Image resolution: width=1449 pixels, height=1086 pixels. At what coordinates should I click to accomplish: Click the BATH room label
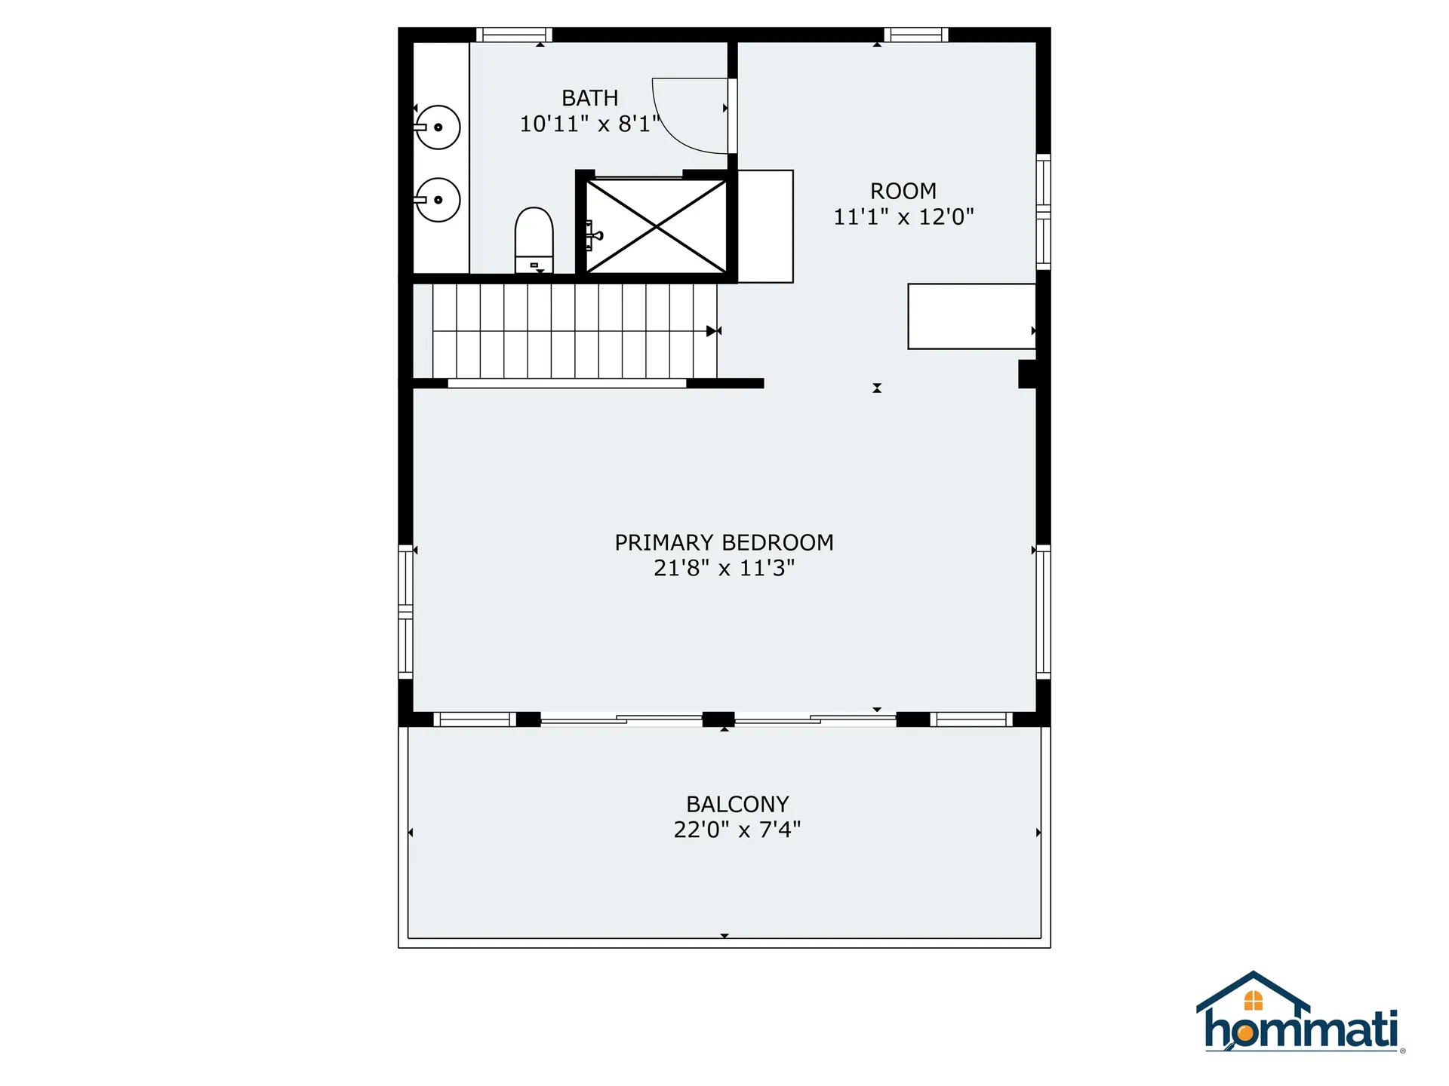coord(589,98)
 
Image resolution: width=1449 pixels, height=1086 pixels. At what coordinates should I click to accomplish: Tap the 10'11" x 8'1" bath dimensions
coord(589,124)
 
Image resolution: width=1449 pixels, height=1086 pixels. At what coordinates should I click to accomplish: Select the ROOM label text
coord(903,191)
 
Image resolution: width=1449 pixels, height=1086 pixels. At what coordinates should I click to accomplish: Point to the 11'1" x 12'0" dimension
coord(903,217)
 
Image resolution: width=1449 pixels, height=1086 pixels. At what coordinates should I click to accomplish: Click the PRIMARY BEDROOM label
coord(724,542)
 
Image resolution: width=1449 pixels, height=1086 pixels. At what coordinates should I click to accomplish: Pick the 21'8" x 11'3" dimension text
coord(724,568)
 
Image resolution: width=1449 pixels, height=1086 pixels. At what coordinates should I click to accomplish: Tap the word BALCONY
coord(737,804)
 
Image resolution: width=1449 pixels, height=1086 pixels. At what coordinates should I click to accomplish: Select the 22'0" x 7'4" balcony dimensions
coord(737,830)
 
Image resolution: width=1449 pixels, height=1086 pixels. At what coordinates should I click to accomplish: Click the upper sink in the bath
coord(438,127)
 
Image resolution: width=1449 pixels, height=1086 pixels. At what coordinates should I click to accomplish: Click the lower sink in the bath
coord(438,200)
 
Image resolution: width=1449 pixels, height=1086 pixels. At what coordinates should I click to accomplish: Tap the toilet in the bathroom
coord(534,238)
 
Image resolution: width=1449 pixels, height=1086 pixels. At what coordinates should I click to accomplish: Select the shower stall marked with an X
coord(657,225)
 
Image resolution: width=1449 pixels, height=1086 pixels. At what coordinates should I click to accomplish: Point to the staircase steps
coord(574,330)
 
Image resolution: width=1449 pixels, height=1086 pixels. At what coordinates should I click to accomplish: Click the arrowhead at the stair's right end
coord(712,331)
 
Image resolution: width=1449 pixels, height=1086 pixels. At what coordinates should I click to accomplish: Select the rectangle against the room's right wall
coord(971,316)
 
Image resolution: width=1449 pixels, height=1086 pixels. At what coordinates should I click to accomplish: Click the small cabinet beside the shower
coord(765,226)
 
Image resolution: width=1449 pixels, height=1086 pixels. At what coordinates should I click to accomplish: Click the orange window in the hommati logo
coord(1253,1001)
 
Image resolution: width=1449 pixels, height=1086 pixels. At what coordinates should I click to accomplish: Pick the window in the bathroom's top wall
coord(514,35)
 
